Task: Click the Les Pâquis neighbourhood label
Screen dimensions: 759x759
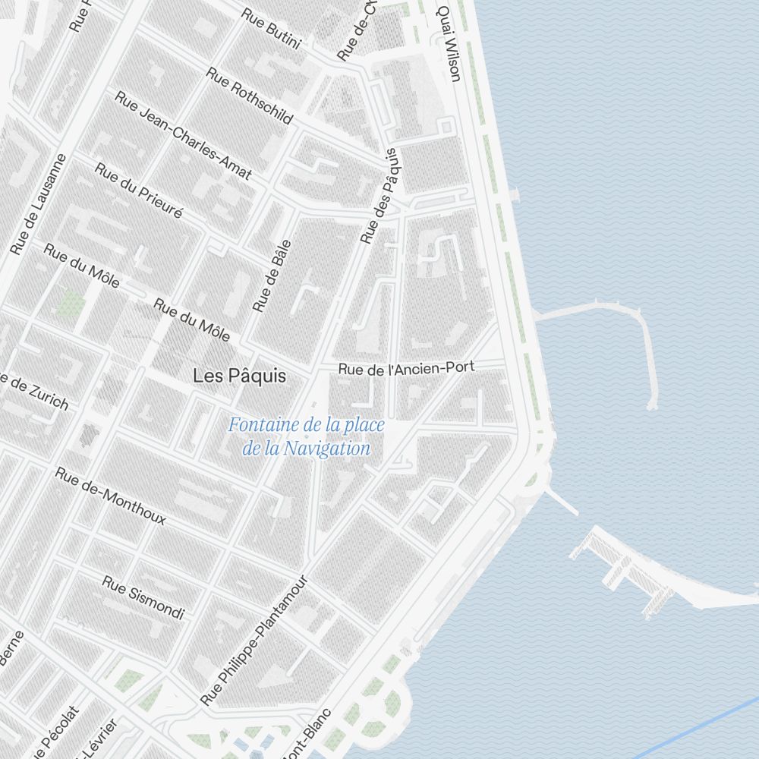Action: click(239, 376)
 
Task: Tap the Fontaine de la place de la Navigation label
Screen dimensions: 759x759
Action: click(307, 436)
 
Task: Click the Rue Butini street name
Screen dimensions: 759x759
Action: click(271, 28)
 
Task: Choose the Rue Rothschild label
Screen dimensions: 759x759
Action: click(249, 96)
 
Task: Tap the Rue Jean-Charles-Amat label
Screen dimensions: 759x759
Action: click(183, 136)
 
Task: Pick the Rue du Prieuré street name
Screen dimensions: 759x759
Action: click(138, 191)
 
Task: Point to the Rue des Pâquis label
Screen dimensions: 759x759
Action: click(379, 196)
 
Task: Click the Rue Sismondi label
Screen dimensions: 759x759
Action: click(143, 597)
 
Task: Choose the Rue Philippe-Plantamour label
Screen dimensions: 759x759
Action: click(254, 641)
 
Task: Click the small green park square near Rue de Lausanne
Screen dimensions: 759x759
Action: click(72, 304)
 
